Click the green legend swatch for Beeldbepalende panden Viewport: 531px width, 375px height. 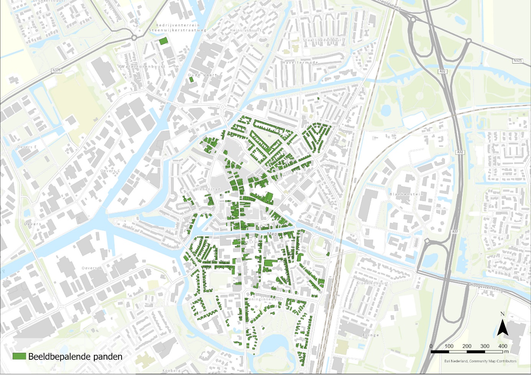(x=19, y=356)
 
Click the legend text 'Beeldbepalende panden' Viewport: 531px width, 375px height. (x=75, y=357)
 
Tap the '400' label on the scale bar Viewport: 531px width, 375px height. (x=503, y=346)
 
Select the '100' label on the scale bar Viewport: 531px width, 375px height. (x=449, y=346)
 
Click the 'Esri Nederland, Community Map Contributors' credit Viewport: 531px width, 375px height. (x=480, y=361)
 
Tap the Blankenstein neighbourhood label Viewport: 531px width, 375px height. (x=406, y=194)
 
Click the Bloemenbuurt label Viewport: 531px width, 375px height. (x=372, y=283)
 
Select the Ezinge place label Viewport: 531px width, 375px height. (x=370, y=335)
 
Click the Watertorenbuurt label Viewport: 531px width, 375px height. (x=143, y=67)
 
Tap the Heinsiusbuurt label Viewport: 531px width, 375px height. (x=245, y=30)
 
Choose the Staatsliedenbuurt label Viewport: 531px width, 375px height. (x=323, y=40)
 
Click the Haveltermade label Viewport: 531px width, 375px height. (x=300, y=62)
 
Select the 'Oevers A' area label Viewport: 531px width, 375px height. (x=92, y=268)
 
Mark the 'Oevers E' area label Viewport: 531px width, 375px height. (x=27, y=147)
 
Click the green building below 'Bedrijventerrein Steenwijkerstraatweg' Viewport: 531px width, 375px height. (x=163, y=41)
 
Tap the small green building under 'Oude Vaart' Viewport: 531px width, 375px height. (x=191, y=79)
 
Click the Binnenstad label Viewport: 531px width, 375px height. (x=207, y=189)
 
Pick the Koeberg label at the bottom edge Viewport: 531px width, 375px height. (x=171, y=370)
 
